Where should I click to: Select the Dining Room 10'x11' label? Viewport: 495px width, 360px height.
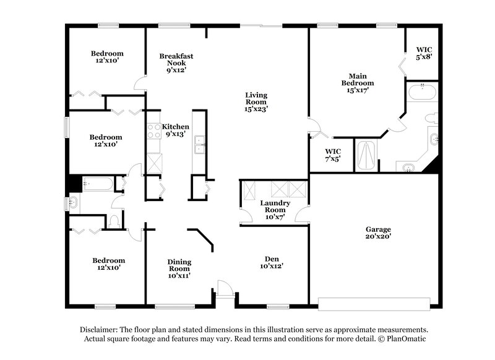(x=179, y=268)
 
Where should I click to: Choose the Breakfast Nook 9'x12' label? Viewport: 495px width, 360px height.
(x=176, y=62)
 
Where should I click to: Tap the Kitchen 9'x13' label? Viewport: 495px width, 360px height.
(x=176, y=131)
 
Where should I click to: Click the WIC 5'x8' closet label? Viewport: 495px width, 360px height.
(x=423, y=53)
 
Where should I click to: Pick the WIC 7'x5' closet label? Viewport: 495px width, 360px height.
(x=332, y=155)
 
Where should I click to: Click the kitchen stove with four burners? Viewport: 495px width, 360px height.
(x=153, y=131)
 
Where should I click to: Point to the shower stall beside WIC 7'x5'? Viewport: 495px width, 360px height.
(x=366, y=156)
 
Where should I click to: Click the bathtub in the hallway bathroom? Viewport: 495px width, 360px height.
(x=97, y=184)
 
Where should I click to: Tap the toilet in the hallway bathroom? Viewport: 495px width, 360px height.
(x=114, y=221)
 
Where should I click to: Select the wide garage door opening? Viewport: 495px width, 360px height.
(x=374, y=303)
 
